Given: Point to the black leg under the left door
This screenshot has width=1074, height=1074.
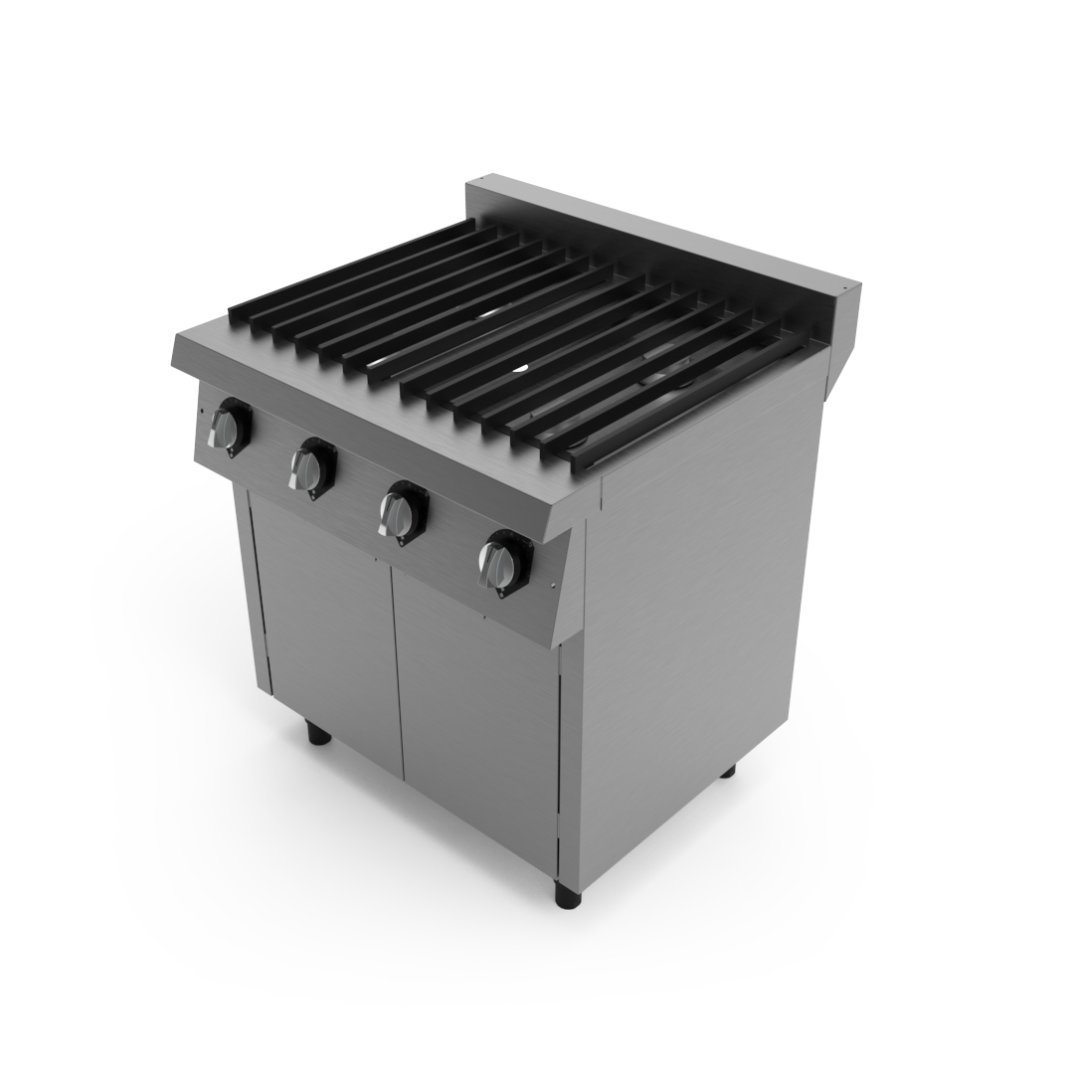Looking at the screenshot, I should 318,734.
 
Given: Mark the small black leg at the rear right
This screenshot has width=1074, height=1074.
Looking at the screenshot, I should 727,769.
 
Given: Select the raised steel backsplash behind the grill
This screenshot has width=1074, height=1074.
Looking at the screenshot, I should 656,234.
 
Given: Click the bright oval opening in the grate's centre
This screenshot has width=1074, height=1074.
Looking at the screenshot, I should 519,370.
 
